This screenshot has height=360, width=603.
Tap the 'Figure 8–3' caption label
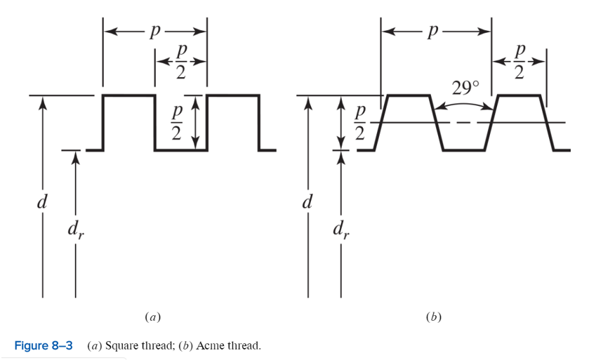[44, 345]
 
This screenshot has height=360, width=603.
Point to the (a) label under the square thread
[152, 317]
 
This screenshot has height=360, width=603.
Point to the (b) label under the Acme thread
[433, 317]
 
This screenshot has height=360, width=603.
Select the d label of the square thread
[43, 203]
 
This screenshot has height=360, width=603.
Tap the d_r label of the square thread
[76, 228]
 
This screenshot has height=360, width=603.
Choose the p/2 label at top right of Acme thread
[519, 62]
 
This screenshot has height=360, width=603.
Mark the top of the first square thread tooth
[128, 95]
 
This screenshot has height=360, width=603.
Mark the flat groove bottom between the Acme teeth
[463, 149]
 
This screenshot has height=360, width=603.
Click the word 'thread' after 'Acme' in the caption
[243, 345]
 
